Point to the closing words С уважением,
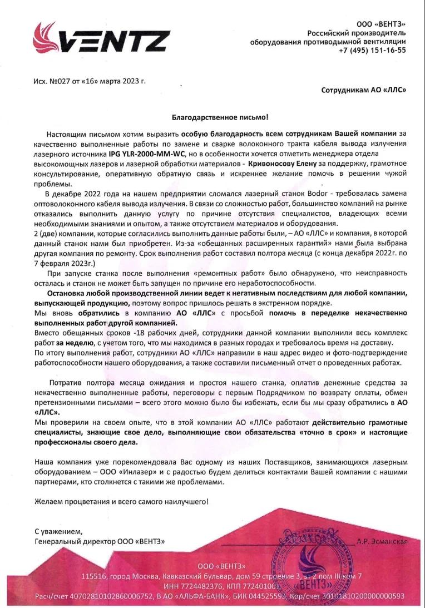pos(58,531)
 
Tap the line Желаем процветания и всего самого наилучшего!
pos(122,501)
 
